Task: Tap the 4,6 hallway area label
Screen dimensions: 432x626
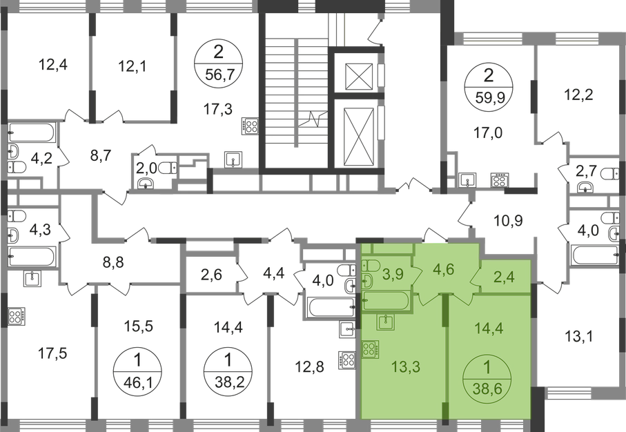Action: (x=442, y=267)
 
